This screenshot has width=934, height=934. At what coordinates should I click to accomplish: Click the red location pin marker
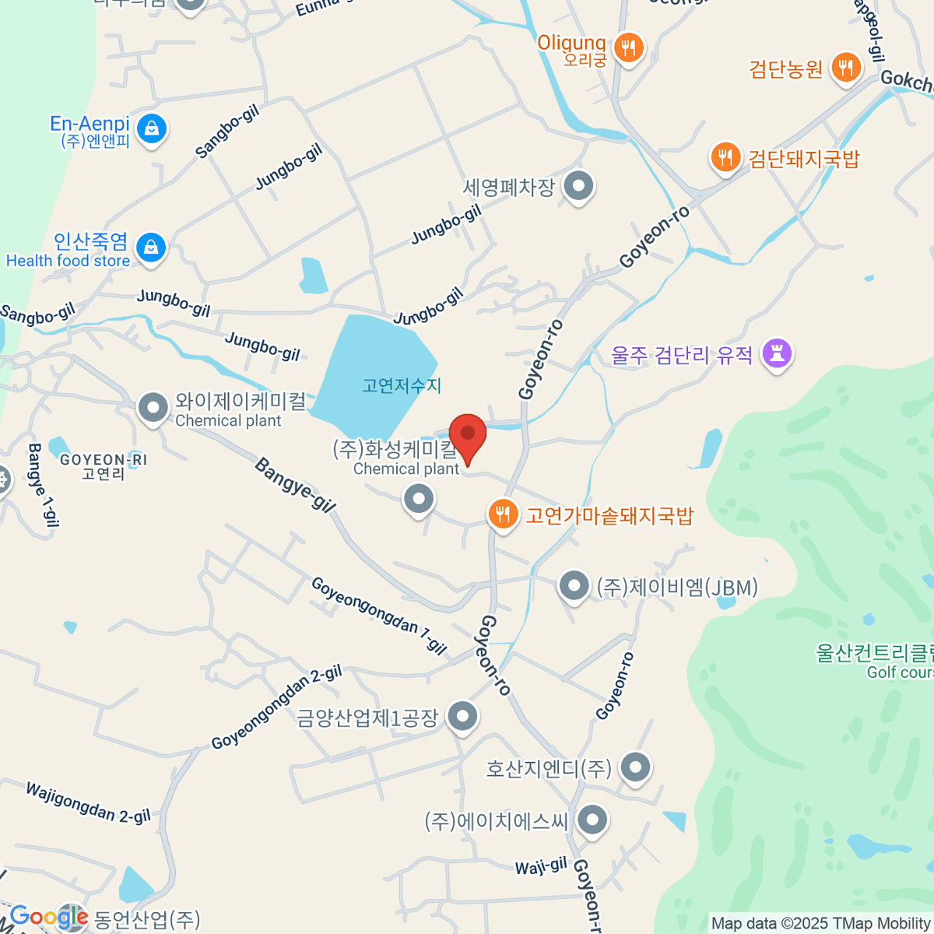[467, 436]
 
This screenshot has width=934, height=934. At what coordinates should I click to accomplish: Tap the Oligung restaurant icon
[628, 49]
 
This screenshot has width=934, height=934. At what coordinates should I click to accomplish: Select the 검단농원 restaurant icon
[845, 68]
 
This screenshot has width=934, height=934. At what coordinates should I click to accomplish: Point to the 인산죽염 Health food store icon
[150, 248]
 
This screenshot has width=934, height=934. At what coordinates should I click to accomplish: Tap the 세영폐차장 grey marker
[578, 186]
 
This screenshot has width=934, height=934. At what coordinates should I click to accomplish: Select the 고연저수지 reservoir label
[402, 385]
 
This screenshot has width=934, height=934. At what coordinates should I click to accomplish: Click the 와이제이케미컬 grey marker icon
[153, 407]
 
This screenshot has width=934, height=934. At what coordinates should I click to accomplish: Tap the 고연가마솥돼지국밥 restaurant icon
[504, 514]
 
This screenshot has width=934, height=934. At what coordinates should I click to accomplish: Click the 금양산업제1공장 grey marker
[463, 716]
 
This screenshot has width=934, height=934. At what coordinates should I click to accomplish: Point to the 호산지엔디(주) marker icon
[635, 767]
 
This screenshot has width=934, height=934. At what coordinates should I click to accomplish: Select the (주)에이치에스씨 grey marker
[593, 820]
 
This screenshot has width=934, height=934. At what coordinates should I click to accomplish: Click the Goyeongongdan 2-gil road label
[277, 708]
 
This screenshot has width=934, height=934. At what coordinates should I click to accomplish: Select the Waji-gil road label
[541, 866]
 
